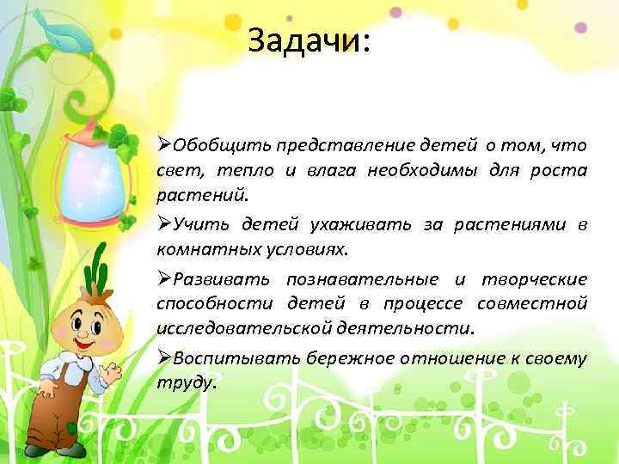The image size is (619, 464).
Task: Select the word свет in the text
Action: point(175,169)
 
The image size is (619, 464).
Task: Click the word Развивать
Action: point(222,278)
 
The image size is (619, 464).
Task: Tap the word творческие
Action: point(534,278)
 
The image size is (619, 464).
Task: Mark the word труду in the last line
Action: point(184,382)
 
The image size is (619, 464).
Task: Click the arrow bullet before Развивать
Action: point(164,278)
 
